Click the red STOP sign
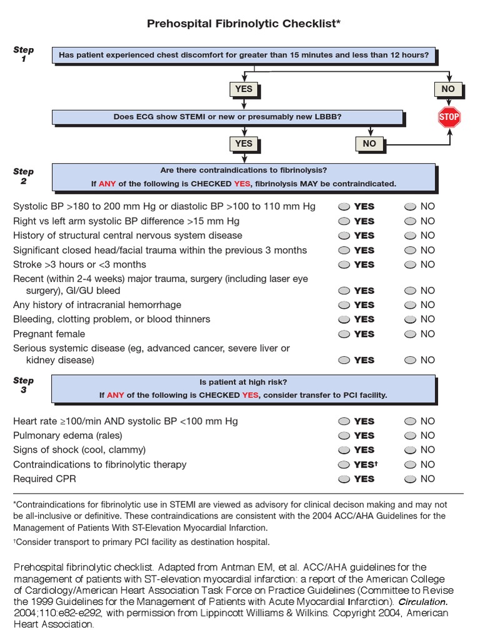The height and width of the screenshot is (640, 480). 449,117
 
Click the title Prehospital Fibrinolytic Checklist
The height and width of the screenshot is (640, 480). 244,24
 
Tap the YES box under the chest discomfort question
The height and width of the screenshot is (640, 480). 244,89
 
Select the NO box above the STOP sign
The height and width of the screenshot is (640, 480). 448,89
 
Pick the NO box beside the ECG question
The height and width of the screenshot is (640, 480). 369,144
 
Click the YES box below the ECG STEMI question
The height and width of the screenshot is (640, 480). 244,144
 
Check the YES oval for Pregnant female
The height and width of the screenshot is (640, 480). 344,334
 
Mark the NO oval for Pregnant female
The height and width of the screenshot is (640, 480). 410,334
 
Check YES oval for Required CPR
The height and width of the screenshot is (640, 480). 344,479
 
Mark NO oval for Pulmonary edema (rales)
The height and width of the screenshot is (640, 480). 410,436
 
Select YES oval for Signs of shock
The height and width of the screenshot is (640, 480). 344,450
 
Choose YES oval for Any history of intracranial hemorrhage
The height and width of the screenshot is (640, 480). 344,306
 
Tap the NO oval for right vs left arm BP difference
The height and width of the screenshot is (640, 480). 410,221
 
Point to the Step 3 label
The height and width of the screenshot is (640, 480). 24,385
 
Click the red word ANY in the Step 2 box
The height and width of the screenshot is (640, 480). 107,184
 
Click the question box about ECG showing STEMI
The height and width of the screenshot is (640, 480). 227,117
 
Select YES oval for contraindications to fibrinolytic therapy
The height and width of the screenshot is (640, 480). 344,465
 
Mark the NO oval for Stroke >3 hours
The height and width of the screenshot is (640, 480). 410,265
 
